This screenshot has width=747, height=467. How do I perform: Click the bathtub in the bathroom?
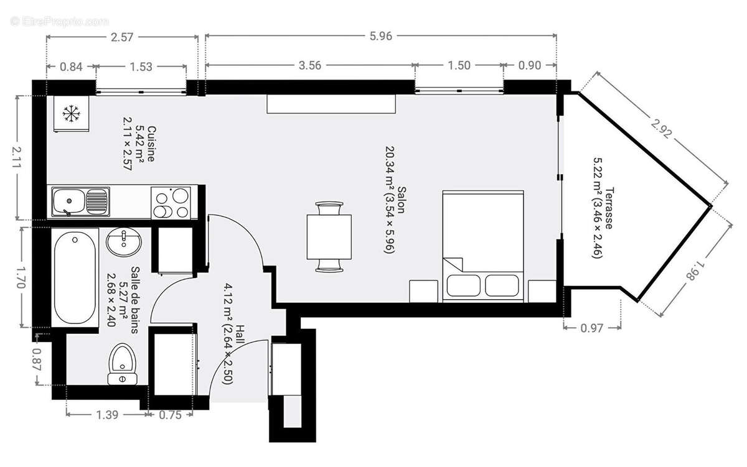tap(74, 277)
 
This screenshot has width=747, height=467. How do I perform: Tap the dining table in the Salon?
tap(329, 237)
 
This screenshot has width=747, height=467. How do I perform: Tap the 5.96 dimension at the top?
tap(380, 36)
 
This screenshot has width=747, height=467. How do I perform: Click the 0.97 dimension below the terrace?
tap(591, 328)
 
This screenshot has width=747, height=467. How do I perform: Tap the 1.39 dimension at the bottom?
tap(108, 415)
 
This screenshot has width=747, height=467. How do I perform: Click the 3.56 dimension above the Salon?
tap(309, 65)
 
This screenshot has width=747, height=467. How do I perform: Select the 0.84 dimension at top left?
tap(70, 65)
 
